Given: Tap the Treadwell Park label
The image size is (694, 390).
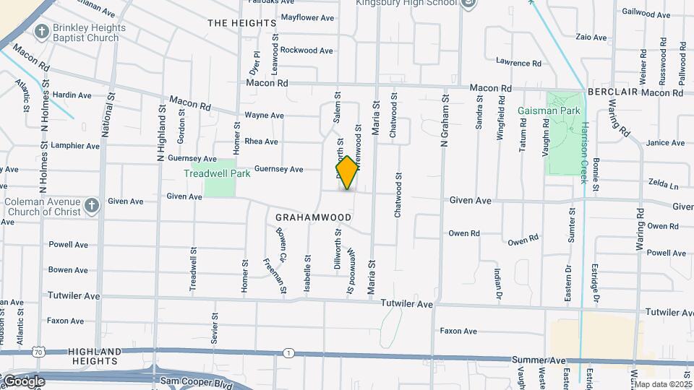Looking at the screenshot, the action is [x=217, y=173].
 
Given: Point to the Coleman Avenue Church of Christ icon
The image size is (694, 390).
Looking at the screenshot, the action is [x=91, y=206].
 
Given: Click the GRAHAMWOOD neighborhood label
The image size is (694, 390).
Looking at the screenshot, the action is [x=314, y=217].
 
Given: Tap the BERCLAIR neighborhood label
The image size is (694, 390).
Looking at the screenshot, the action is [x=612, y=93].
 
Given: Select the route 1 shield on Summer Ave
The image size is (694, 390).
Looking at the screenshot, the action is [x=288, y=352].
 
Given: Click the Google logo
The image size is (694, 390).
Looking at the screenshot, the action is [x=24, y=381].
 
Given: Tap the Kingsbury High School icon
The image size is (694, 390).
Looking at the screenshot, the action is [x=469, y=4].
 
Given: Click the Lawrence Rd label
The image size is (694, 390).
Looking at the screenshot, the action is [x=518, y=63].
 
